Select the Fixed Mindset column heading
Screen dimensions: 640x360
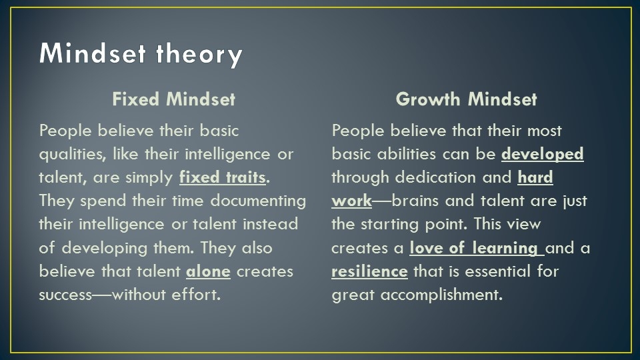[x=174, y=99]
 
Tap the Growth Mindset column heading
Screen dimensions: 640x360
[x=466, y=99]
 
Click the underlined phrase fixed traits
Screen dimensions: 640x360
[x=223, y=177]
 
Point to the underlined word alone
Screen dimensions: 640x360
[x=208, y=271]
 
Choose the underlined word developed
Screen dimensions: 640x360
[x=543, y=154]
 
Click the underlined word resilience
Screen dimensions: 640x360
[x=369, y=271]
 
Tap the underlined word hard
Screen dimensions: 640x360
[x=535, y=177]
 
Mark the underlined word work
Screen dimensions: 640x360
[x=351, y=201]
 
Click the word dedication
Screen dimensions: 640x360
[x=435, y=177]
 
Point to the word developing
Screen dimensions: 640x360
[x=104, y=249]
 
